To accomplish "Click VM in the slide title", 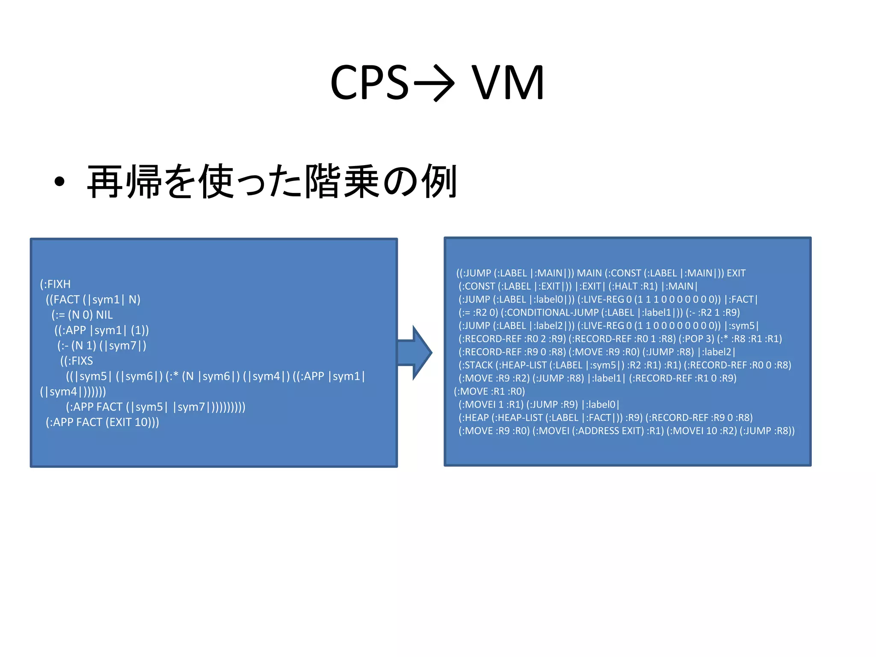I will [508, 83].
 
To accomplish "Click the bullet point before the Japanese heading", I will [59, 182].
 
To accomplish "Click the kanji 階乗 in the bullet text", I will [342, 182].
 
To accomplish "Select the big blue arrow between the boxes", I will [414, 352].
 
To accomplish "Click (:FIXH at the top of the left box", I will [55, 284].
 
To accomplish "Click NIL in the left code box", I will [104, 315].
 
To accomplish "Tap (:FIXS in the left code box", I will [77, 361].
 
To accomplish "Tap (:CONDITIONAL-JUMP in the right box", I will [549, 312].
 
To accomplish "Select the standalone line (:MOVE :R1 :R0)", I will [489, 391].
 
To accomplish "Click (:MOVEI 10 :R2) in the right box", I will [701, 431].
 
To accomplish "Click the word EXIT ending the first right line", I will [736, 273].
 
